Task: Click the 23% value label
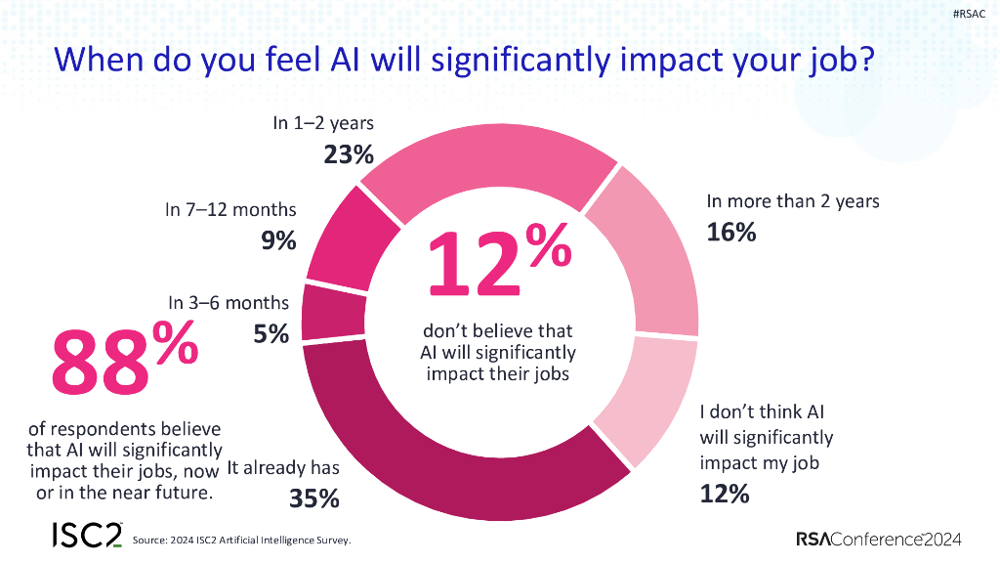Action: [348, 154]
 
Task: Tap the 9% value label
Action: [278, 239]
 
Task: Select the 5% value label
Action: [271, 333]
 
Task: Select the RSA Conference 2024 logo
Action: [879, 539]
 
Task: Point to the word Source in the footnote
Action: [151, 540]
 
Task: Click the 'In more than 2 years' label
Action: [793, 201]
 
